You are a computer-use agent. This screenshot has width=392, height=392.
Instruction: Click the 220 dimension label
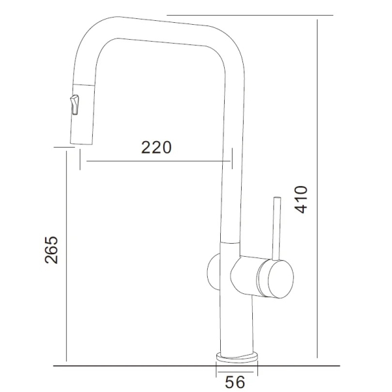click(157, 147)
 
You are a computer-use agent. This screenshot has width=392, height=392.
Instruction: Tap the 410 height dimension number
click(301, 199)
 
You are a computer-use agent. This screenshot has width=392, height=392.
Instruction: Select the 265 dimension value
click(51, 250)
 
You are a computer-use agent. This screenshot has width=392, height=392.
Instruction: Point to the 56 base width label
click(235, 382)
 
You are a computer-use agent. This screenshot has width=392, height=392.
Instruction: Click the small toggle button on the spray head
click(74, 105)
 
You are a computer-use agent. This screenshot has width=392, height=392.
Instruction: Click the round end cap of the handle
click(280, 279)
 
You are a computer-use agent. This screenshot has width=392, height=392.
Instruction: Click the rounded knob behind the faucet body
click(213, 272)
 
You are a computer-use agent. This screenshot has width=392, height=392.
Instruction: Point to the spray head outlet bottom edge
click(81, 144)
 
